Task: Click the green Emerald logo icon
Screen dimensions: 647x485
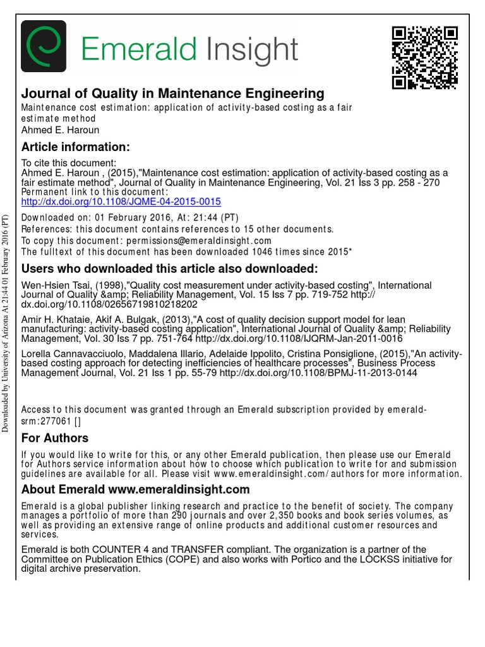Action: pyautogui.click(x=44, y=47)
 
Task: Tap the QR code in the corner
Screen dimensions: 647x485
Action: pyautogui.click(x=424, y=57)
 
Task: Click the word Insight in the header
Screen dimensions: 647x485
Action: pyautogui.click(x=248, y=49)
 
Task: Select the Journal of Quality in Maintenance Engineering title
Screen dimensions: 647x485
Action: pyautogui.click(x=172, y=94)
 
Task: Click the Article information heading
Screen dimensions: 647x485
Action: pyautogui.click(x=76, y=147)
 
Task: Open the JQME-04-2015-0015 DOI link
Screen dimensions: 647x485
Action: pyautogui.click(x=121, y=202)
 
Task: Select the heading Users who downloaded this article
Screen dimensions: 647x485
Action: pyautogui.click(x=170, y=268)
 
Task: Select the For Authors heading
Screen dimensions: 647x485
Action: pyautogui.click(x=55, y=438)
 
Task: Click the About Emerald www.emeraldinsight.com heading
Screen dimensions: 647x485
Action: pyautogui.click(x=136, y=490)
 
